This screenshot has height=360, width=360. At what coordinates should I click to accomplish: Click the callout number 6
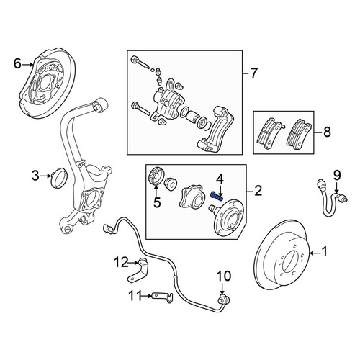click(x=17, y=64)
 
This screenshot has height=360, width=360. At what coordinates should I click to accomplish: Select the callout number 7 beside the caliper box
click(x=253, y=73)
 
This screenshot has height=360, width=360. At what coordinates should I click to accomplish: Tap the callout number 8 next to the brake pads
click(x=327, y=132)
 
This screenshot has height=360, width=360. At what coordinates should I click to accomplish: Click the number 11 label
click(x=135, y=296)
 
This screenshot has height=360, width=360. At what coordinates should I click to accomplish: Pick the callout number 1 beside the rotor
click(x=324, y=252)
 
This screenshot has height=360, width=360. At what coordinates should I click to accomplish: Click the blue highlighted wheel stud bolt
click(x=217, y=196)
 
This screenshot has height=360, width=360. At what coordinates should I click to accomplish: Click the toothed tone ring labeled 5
click(x=156, y=176)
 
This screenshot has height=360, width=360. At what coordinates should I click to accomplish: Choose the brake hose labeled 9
click(x=332, y=198)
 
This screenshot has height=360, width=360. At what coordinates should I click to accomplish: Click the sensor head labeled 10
click(x=223, y=300)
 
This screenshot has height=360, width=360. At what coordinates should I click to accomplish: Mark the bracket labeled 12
click(x=138, y=271)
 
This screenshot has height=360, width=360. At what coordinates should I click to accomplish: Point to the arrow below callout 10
click(x=222, y=289)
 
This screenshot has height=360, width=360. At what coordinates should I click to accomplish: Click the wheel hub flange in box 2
click(x=228, y=218)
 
